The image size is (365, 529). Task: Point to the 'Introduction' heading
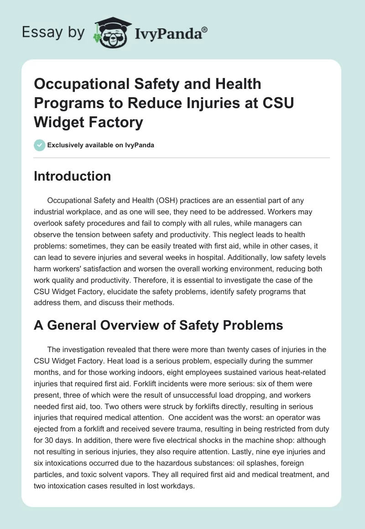pyautogui.click(x=72, y=176)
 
